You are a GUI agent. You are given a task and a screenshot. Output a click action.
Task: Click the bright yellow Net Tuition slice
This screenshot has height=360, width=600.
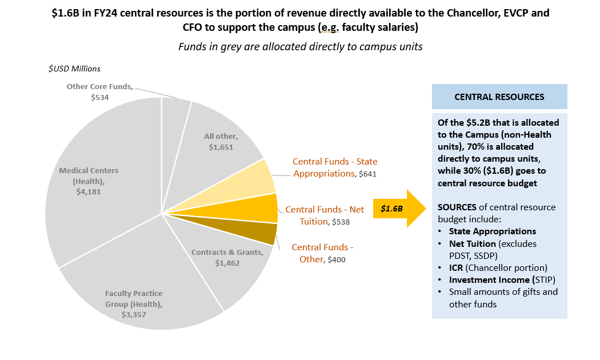click(263, 209)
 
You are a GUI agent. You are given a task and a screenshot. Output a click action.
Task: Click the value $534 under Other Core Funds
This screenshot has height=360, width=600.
click(99, 97)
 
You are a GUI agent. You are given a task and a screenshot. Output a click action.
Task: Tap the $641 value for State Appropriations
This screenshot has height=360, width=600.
click(367, 174)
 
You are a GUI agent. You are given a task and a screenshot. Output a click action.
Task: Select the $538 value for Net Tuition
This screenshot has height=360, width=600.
click(341, 222)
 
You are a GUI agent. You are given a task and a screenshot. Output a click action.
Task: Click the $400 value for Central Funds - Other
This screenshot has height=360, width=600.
click(337, 259)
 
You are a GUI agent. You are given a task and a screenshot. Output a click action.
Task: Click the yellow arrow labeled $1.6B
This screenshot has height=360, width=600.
click(397, 209)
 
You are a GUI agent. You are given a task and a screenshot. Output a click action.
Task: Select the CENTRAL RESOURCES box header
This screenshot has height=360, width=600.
click(499, 97)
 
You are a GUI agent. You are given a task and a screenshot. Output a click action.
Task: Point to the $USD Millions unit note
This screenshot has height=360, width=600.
click(74, 69)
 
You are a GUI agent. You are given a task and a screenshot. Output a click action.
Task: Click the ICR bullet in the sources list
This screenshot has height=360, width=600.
click(457, 267)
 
